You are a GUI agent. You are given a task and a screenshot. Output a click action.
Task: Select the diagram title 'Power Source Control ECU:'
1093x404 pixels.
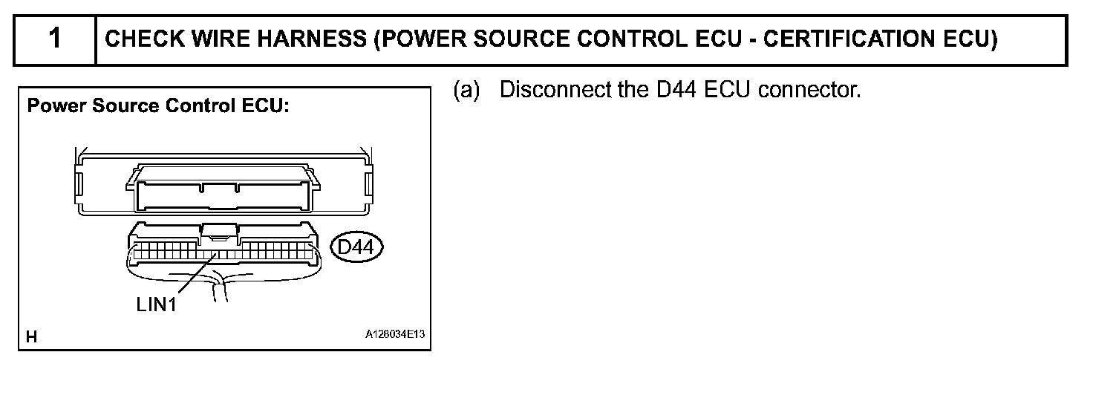pos(158,106)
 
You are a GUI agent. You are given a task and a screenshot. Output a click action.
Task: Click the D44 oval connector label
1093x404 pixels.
pos(355,247)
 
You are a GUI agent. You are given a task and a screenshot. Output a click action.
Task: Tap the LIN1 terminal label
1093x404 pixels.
pos(157,304)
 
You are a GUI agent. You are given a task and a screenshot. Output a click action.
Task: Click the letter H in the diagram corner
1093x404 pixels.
pos(32,337)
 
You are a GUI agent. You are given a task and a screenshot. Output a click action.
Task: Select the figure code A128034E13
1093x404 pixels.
pos(394,335)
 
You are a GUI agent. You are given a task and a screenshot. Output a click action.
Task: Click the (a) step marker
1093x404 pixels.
pos(467,91)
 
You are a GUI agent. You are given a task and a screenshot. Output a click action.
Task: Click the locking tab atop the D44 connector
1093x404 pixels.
pos(220,232)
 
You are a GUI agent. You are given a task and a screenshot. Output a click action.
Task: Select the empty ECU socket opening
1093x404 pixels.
pos(223,197)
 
